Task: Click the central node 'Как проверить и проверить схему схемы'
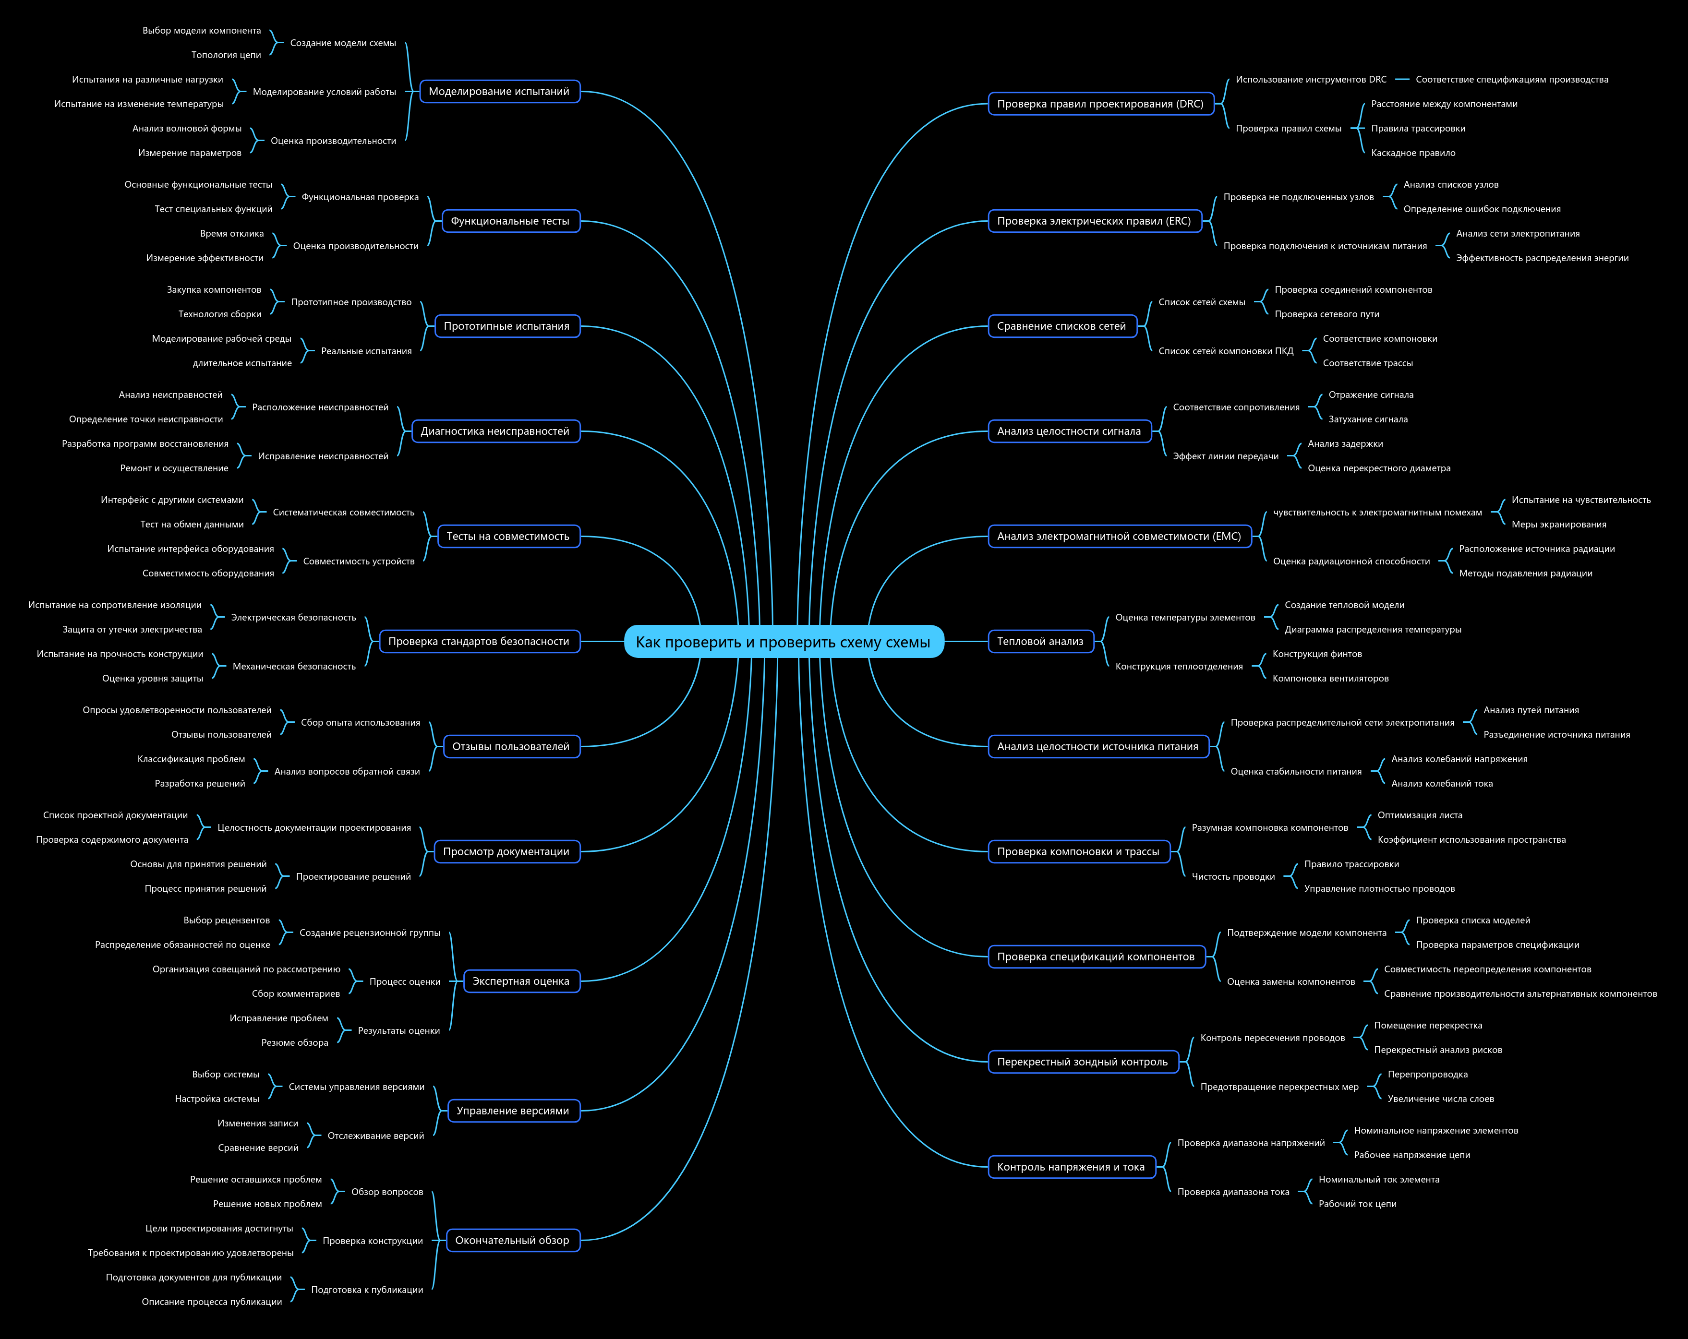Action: [784, 642]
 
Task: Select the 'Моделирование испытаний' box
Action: [499, 92]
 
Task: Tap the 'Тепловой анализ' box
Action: [1040, 642]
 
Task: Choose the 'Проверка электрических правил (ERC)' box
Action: [1094, 221]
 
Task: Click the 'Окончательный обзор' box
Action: [513, 1241]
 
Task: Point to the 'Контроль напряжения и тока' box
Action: [1071, 1167]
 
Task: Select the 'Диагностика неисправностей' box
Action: [495, 431]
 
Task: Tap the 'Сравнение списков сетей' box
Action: [1061, 326]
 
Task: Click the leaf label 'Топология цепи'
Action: [226, 55]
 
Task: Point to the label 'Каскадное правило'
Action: [1413, 153]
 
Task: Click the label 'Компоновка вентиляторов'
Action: [1330, 679]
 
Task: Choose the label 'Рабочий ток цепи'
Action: [1358, 1204]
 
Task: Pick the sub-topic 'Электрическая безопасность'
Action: [294, 618]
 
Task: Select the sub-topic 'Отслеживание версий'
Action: [376, 1136]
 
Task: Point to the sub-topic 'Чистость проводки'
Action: [1233, 876]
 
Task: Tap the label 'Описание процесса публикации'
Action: [211, 1302]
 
